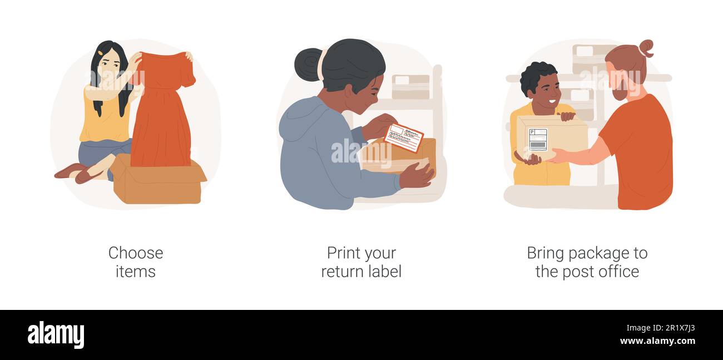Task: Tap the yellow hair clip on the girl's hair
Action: pos(100,52)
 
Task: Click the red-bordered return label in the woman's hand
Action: pos(403,137)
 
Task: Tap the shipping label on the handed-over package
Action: pos(538,140)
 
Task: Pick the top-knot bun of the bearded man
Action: pos(646,48)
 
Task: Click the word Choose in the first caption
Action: pos(136,253)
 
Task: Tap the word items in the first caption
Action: pos(136,272)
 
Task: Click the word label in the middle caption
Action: pos(384,272)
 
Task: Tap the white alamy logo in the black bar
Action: pos(56,334)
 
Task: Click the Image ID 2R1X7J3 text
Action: pos(660,328)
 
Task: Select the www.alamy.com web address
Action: pos(657,341)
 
